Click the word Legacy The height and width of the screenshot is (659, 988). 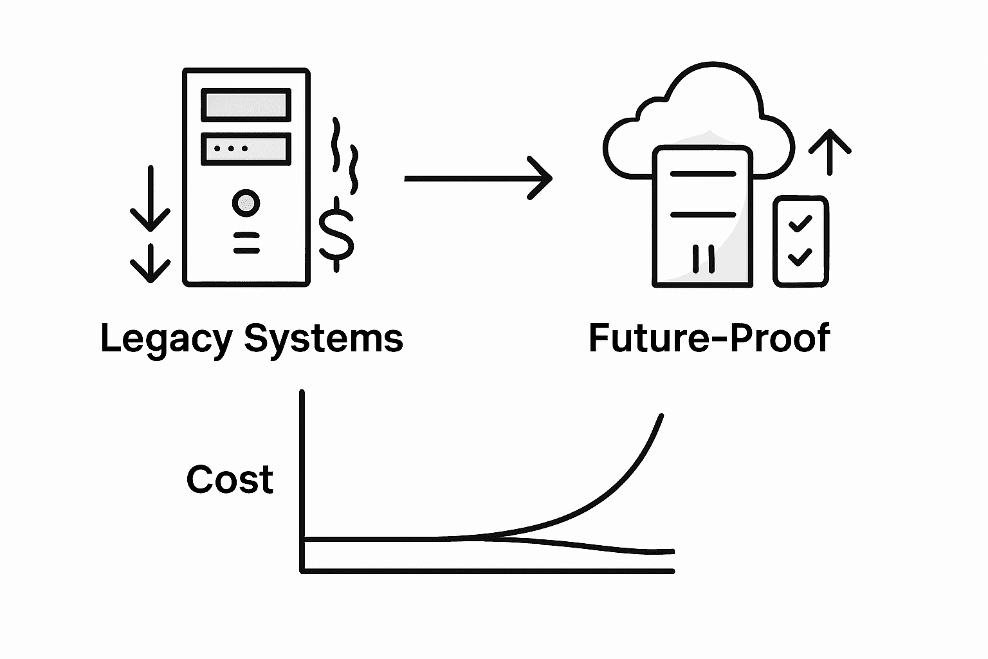[166, 339]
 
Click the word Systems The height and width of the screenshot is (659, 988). [324, 339]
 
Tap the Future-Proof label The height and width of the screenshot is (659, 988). [709, 339]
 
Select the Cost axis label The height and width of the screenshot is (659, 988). [230, 480]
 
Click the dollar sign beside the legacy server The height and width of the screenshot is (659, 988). [336, 234]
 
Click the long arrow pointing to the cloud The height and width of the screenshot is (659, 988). [477, 178]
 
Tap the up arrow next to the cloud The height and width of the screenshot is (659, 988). [830, 152]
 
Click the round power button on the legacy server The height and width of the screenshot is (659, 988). [246, 203]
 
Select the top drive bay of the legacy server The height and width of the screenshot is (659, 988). [246, 105]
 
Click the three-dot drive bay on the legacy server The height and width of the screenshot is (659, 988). [246, 149]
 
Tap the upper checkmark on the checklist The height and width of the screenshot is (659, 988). [800, 224]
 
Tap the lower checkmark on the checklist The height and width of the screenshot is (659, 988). [800, 257]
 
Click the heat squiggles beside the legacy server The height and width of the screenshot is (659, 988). [344, 154]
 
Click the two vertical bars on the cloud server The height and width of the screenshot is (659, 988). [703, 259]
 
